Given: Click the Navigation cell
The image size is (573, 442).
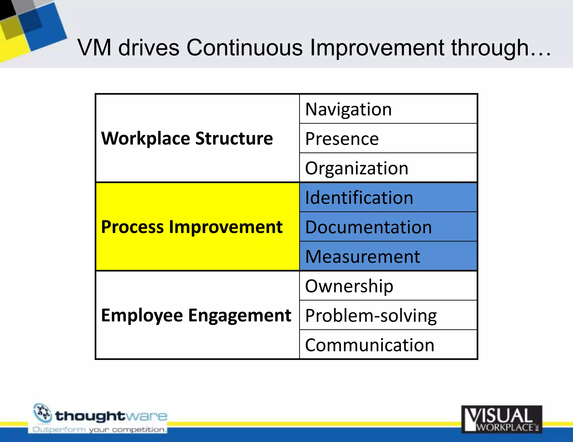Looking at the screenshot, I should [x=388, y=109].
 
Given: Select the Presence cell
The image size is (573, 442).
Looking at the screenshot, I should [x=388, y=138].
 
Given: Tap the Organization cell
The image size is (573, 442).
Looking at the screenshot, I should [x=388, y=168].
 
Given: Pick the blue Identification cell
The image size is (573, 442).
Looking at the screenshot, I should [x=388, y=198].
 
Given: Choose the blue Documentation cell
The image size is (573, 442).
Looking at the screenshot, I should [x=388, y=227].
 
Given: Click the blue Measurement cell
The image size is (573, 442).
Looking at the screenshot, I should [x=388, y=256].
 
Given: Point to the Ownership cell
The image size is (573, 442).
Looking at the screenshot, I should [x=388, y=286].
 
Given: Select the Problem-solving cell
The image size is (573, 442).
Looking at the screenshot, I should [x=388, y=315].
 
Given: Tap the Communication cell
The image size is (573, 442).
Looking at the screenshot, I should [x=388, y=345].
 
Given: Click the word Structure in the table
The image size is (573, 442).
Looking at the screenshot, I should [x=234, y=139].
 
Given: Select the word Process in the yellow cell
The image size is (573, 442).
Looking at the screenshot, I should [x=132, y=227].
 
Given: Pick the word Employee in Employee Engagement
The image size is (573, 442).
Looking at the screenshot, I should [x=142, y=316].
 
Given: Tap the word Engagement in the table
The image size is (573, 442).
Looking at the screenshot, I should [x=239, y=316].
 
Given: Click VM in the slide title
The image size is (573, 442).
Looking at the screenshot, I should [x=95, y=48].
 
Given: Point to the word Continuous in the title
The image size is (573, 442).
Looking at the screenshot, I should [x=244, y=48].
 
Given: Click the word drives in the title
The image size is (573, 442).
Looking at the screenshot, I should [x=149, y=48].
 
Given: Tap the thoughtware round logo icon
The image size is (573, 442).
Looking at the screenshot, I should [x=43, y=413].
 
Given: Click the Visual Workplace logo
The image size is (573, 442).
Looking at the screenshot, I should [x=501, y=419].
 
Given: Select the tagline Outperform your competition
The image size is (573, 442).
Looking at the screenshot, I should [x=99, y=429].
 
